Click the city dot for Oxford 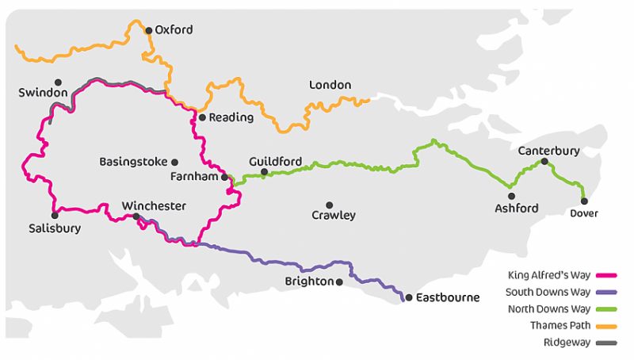pos(148,31)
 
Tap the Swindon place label pos(43,93)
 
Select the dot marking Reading pos(202,117)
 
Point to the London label pos(330,85)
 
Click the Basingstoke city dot pos(174,162)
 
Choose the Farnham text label pos(194,177)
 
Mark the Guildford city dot pos(264,172)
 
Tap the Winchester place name pos(154,206)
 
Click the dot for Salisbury pos(55,215)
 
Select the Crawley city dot pos(330,205)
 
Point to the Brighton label pos(309,281)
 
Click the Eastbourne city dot pos(409,298)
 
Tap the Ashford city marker pos(511,196)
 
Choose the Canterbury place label pos(548,150)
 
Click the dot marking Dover pos(584,201)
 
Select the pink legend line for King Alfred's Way pos(605,276)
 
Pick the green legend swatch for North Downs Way pos(605,308)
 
